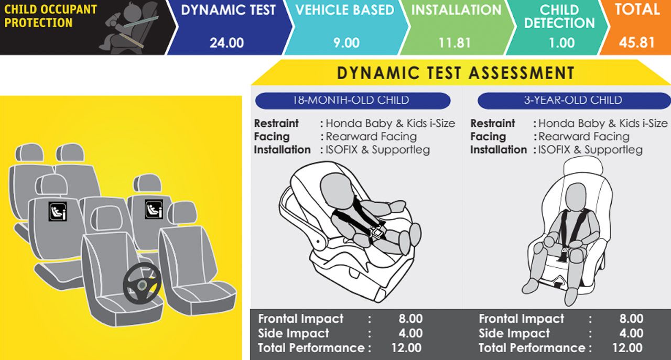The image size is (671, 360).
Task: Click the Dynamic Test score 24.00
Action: (226, 43)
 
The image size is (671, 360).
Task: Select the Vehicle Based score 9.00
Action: (347, 43)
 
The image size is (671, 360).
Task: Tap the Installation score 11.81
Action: (454, 43)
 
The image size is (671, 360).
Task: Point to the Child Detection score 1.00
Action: (561, 43)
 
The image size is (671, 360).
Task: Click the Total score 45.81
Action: (636, 42)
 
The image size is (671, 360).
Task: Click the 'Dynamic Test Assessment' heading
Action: (456, 73)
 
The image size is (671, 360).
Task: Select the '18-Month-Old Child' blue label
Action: (353, 100)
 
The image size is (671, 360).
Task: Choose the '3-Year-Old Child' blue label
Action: (573, 100)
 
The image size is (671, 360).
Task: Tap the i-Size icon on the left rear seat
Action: (58, 212)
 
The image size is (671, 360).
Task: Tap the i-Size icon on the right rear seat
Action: (154, 209)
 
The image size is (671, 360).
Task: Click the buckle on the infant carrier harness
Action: (377, 232)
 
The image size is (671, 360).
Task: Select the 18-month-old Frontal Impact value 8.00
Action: (410, 319)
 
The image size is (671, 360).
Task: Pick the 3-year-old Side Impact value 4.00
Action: (631, 333)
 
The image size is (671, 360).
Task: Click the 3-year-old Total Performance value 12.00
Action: (627, 348)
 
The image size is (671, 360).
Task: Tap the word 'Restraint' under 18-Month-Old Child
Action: (276, 123)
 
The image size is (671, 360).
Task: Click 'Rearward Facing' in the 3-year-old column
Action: (584, 137)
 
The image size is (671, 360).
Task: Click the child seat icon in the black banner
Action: (129, 28)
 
